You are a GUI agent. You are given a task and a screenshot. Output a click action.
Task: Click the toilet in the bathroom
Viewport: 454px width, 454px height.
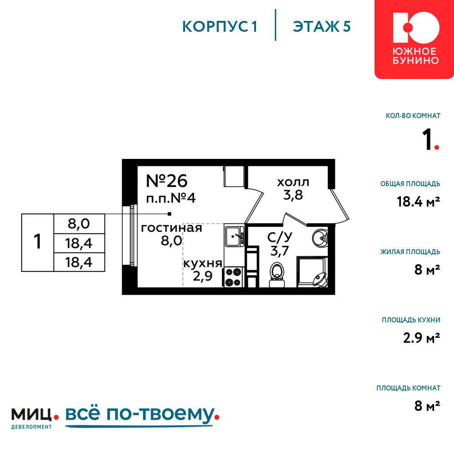[x=277, y=275]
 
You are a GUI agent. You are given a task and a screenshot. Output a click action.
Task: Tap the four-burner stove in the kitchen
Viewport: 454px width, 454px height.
[x=233, y=277]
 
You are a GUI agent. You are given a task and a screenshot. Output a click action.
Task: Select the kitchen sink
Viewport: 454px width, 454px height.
[x=234, y=236]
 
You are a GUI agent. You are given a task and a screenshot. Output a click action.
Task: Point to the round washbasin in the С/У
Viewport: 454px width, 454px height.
[x=320, y=238]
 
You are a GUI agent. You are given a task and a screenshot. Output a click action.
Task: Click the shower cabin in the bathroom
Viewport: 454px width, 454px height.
[x=312, y=271]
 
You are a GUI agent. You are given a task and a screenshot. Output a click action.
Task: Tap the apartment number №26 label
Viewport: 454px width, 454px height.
[x=167, y=181]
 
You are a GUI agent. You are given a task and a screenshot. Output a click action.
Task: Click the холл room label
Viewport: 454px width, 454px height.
[x=293, y=183]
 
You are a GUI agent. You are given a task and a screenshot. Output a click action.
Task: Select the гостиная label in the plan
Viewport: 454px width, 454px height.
[x=172, y=228]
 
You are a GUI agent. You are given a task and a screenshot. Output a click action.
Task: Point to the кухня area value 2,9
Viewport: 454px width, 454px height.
[x=202, y=276]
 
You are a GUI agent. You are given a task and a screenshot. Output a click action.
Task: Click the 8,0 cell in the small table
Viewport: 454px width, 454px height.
[x=79, y=223]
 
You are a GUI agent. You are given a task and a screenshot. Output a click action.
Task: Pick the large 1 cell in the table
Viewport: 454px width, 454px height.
[x=38, y=242]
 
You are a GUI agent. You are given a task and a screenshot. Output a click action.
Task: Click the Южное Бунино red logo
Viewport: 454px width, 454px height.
[x=415, y=39]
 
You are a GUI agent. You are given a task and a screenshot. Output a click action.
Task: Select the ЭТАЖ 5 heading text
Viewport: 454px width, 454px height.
[x=322, y=26]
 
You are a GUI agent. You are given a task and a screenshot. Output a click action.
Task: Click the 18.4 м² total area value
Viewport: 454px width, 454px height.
[x=419, y=202]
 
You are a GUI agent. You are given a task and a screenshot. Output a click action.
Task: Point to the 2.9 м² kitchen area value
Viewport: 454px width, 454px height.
[x=422, y=338]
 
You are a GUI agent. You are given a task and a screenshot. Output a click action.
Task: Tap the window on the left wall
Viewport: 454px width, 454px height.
[x=129, y=235]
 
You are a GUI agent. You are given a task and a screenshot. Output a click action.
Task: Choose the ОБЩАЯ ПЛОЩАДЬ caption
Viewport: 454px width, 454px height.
[x=410, y=183]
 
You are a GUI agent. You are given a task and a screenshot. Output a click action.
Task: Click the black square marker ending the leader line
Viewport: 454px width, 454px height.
[x=169, y=214]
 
